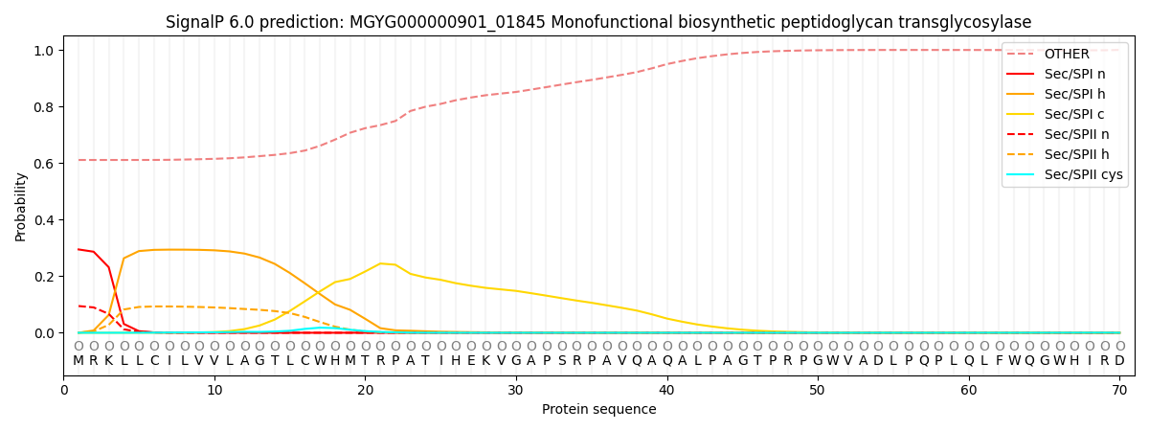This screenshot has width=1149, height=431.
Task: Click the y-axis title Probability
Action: point(21,206)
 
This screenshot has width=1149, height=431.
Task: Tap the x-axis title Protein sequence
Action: point(599,410)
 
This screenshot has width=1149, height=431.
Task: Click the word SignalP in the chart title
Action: point(194,22)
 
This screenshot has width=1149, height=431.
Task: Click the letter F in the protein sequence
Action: point(999,361)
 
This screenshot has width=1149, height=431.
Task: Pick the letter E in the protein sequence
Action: point(471,361)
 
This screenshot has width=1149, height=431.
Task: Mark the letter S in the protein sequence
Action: point(561,361)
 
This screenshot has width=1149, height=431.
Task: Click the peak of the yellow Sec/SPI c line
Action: point(380,262)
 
